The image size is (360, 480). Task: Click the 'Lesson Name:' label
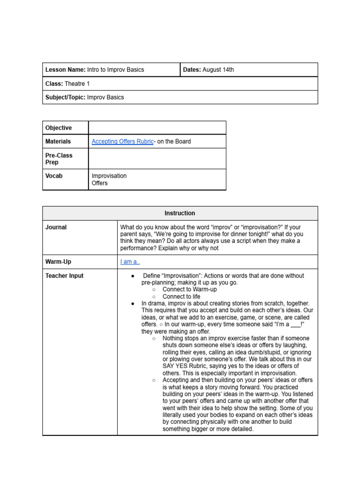pos(65,70)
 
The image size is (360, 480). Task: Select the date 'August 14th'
pos(218,70)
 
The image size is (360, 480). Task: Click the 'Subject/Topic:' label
pos(65,97)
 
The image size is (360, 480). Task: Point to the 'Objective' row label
pos(59,128)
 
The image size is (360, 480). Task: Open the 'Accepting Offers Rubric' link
pos(122,142)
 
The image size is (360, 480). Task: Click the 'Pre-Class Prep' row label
pos(59,158)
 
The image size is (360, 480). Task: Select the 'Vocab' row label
pos(54,176)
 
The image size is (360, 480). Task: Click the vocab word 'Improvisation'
pos(109,176)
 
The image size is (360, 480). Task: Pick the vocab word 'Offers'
pos(100,183)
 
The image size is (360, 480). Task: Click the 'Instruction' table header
pos(180,213)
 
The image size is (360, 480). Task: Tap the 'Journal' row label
pos(56,227)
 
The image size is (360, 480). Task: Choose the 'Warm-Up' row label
pos(58,262)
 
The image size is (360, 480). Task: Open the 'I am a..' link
pos(130,262)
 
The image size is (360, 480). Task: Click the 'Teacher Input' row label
pos(64,276)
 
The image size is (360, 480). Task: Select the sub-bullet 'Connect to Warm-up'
pos(189,290)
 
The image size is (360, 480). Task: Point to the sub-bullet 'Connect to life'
pos(181,297)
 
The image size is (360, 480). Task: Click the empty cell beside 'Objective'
pos(157,128)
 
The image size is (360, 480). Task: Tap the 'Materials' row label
pos(58,142)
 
